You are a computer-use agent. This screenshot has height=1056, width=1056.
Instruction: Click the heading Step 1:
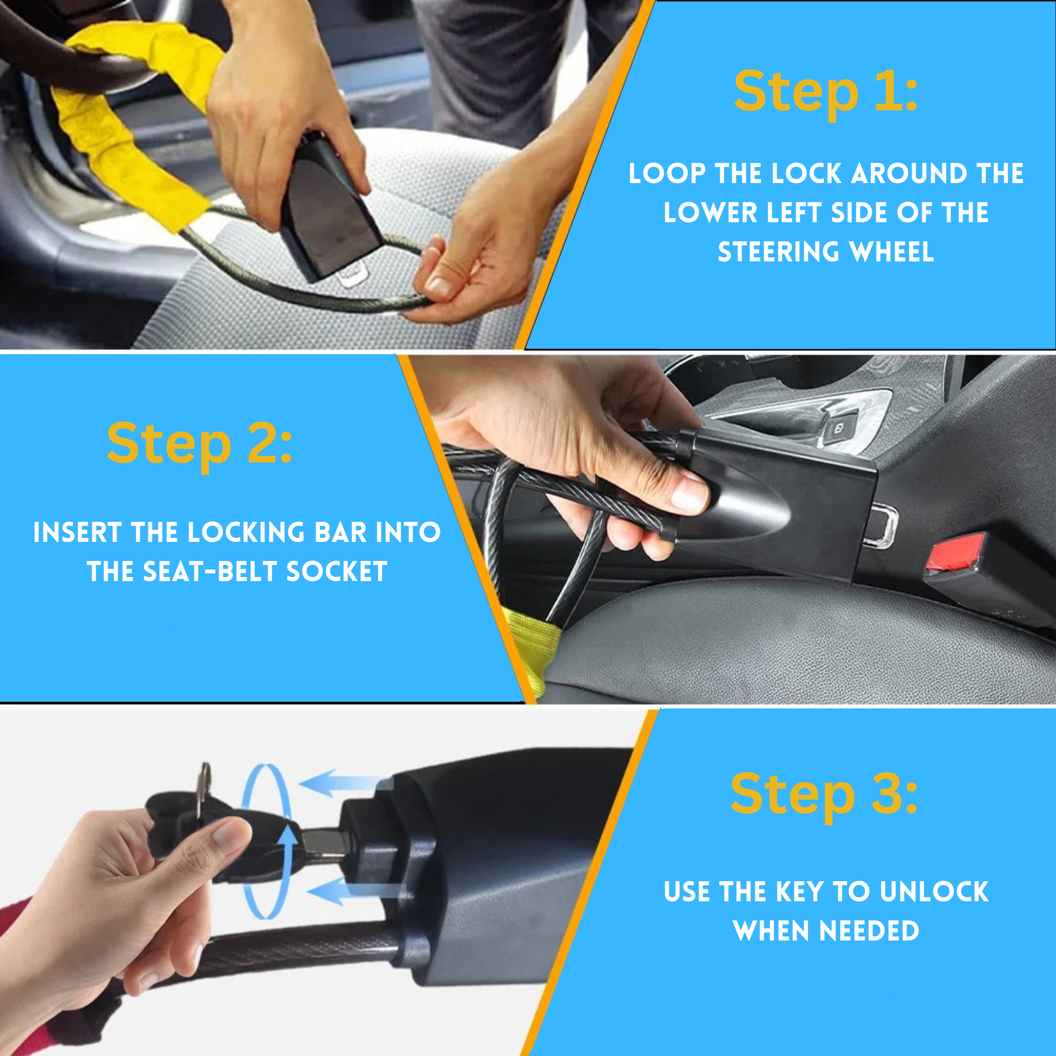tap(826, 92)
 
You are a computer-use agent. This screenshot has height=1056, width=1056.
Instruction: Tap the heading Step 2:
tap(200, 444)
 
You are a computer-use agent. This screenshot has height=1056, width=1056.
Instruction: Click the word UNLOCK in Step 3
tap(935, 892)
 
